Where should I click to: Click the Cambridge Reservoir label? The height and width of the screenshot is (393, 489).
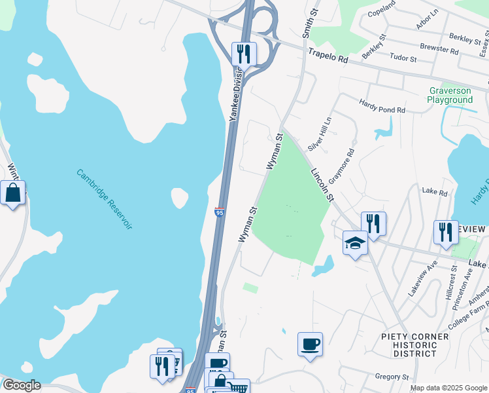(x=105, y=199)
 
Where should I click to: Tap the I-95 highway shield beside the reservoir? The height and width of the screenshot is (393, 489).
(x=220, y=213)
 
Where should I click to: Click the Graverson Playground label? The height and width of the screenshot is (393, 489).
(x=450, y=95)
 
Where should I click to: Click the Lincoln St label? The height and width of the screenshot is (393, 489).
(x=322, y=184)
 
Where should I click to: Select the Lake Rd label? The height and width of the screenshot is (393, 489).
(x=434, y=193)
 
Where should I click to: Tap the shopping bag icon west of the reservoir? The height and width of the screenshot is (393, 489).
(x=13, y=193)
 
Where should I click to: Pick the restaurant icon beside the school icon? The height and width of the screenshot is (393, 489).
(x=373, y=223)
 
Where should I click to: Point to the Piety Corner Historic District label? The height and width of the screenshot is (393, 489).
(x=415, y=345)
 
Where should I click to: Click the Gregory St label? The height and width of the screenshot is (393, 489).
(x=392, y=377)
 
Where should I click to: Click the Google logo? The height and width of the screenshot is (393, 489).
(x=21, y=385)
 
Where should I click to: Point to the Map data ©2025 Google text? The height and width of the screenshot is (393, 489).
(x=447, y=388)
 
